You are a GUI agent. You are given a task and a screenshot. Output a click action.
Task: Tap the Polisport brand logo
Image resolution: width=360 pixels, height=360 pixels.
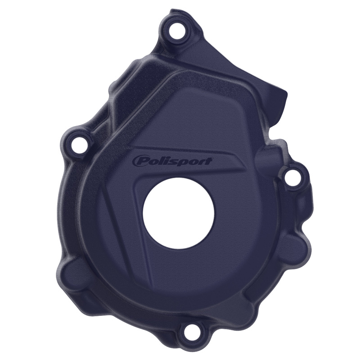(172, 161)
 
